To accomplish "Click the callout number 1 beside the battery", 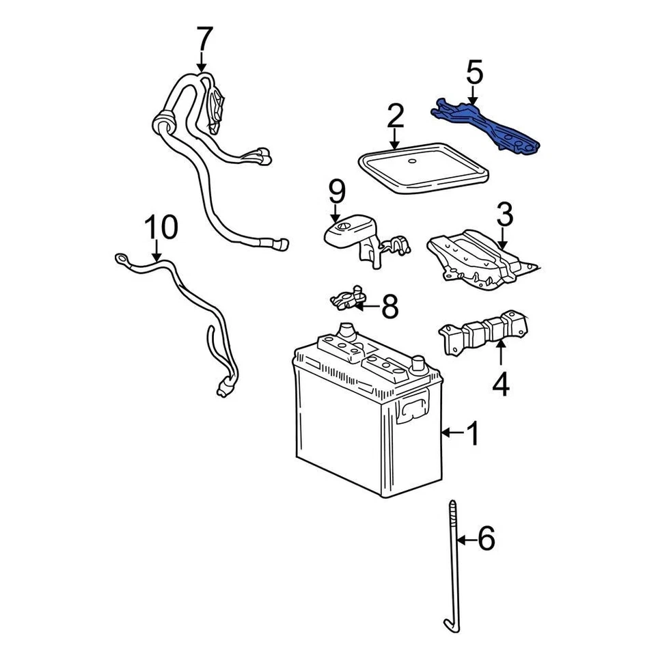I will pyautogui.click(x=472, y=433).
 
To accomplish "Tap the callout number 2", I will pyautogui.click(x=395, y=118).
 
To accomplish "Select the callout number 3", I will pyautogui.click(x=504, y=216).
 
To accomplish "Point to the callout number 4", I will pyautogui.click(x=501, y=385).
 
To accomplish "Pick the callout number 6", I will pyautogui.click(x=486, y=540).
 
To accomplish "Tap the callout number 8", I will pyautogui.click(x=389, y=307).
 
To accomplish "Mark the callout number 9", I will pyautogui.click(x=337, y=193).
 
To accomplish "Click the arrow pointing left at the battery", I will pyautogui.click(x=451, y=433).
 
